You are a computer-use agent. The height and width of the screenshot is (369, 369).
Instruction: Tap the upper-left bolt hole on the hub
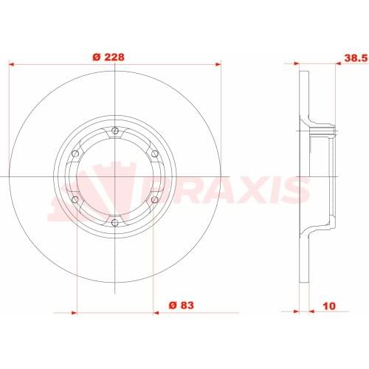(x=76, y=154)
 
